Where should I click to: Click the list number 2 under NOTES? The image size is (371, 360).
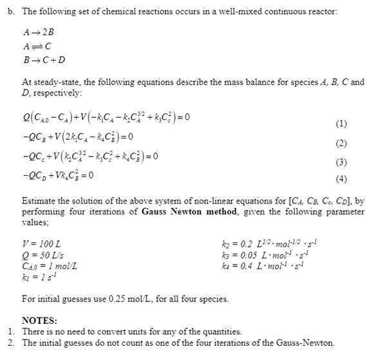pyautogui.click(x=12, y=342)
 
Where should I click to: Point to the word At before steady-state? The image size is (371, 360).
pyautogui.click(x=27, y=82)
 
